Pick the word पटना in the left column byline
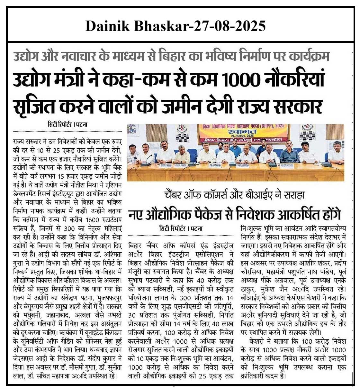(82, 124)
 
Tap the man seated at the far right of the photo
(337, 153)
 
